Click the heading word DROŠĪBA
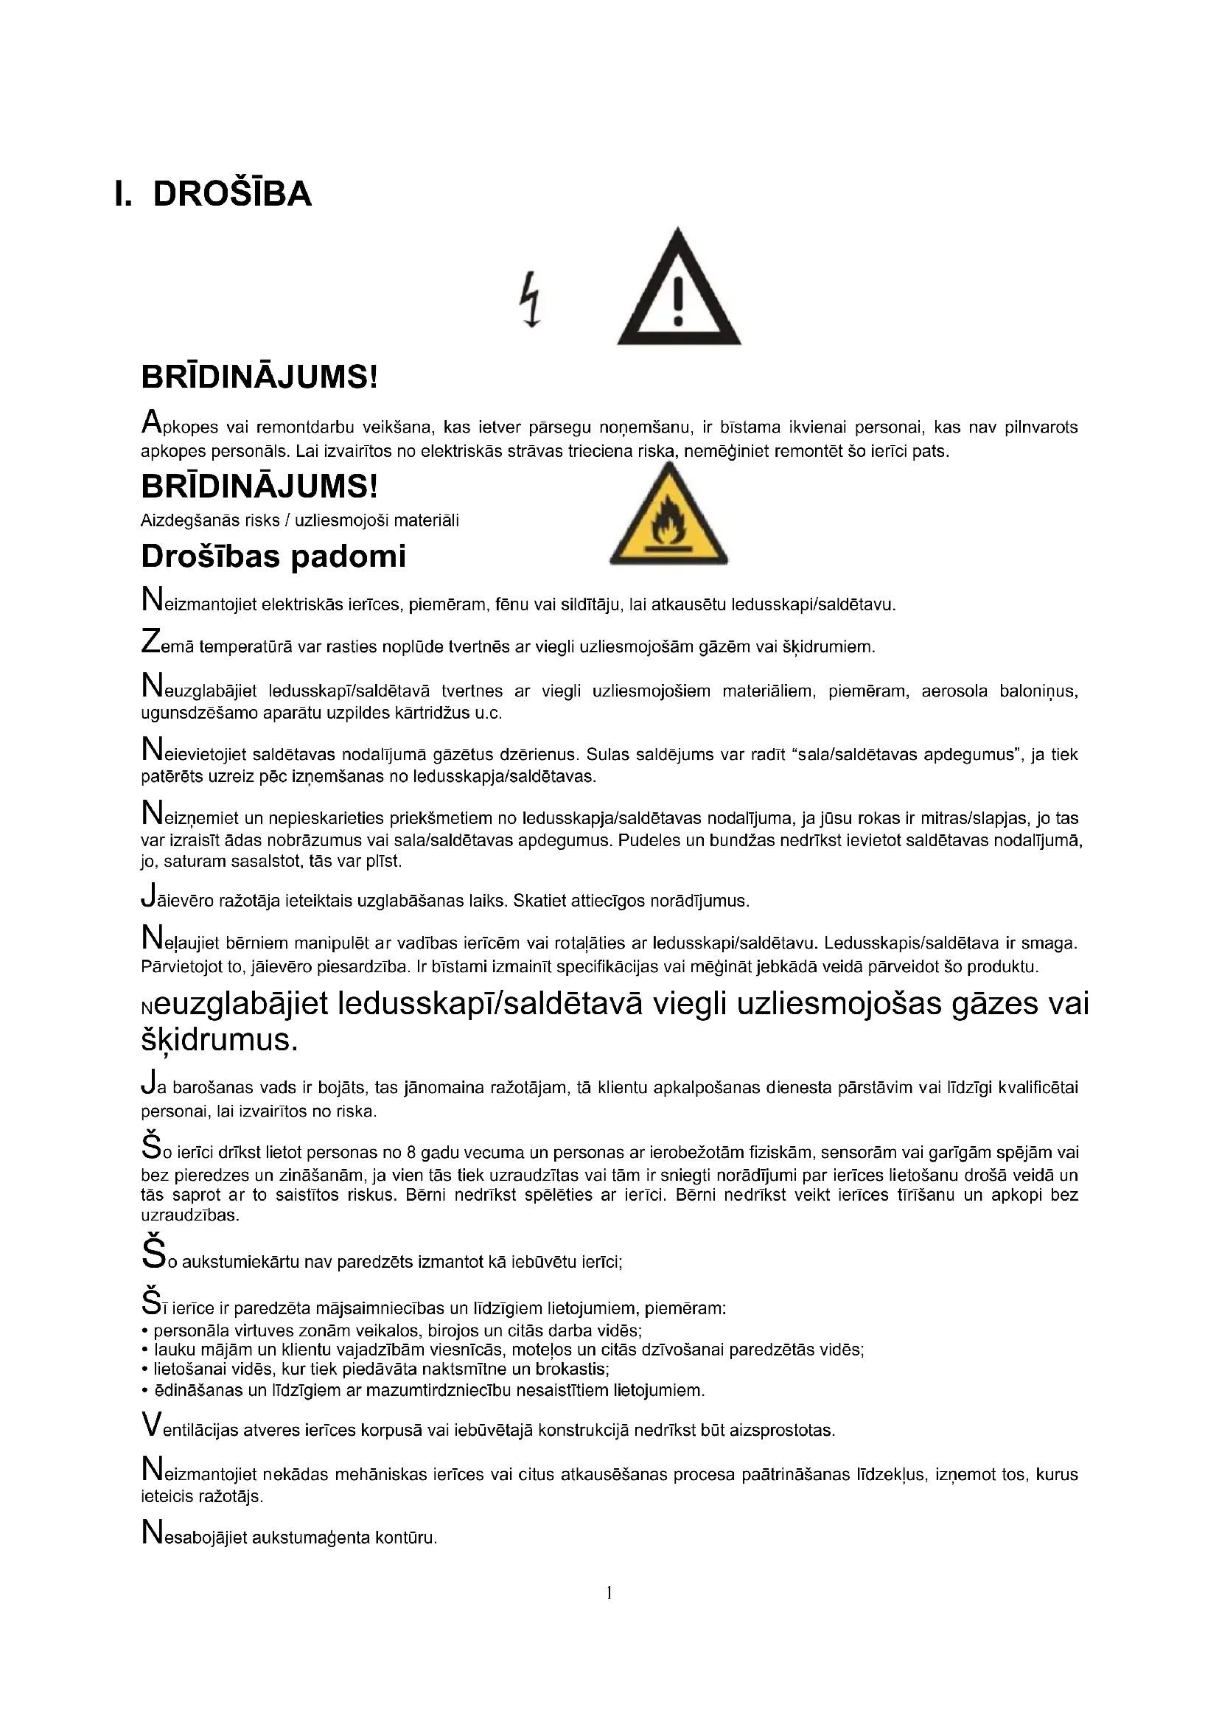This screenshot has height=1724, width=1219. click(x=232, y=195)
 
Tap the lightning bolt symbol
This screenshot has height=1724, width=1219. click(x=531, y=299)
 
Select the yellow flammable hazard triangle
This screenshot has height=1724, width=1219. click(x=667, y=517)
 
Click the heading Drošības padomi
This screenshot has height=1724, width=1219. click(x=273, y=556)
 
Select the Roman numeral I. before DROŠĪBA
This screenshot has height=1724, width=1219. click(x=123, y=195)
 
